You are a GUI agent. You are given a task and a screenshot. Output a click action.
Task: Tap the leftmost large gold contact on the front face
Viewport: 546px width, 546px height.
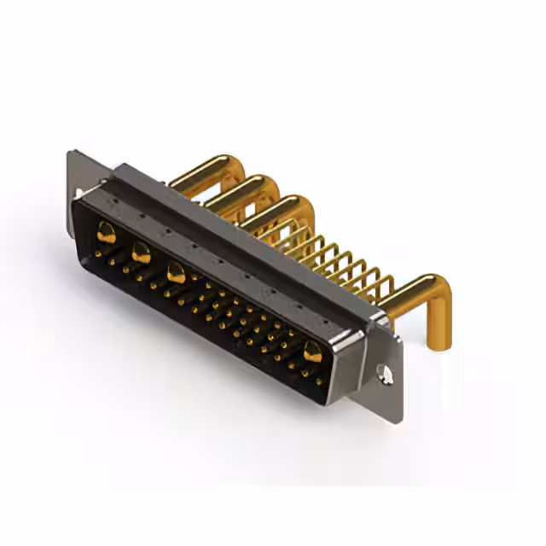pos(106,231)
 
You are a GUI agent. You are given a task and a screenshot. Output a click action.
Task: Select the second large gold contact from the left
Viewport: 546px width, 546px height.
pos(141,252)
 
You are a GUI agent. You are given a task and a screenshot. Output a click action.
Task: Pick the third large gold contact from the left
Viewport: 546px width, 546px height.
pos(177,273)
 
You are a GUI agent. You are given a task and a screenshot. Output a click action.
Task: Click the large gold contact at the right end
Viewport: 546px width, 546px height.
pos(312,351)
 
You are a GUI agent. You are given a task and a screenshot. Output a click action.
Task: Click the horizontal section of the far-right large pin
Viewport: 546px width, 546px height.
pos(408,293)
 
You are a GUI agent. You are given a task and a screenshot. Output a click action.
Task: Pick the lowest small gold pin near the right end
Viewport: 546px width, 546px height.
pos(321,382)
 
